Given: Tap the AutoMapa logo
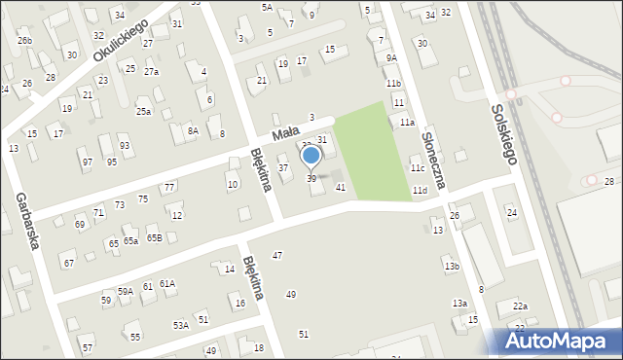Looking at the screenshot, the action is tap(559, 341).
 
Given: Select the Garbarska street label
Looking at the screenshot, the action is tap(27, 221).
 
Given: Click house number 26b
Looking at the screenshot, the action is tap(24, 40).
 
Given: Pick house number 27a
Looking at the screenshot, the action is tap(151, 72).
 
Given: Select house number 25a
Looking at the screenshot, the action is tap(143, 112).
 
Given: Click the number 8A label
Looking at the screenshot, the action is tap(193, 130).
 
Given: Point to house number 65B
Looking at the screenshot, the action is tap(154, 237).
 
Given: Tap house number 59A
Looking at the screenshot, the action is tap(126, 291).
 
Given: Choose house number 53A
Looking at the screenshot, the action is tap(180, 325).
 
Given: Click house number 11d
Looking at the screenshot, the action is tap(420, 191).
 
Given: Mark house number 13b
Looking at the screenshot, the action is tap(451, 266).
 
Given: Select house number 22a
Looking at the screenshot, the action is tap(521, 306).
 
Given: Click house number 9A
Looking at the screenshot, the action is tap(390, 58).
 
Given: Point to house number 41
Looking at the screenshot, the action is tap(340, 187).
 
